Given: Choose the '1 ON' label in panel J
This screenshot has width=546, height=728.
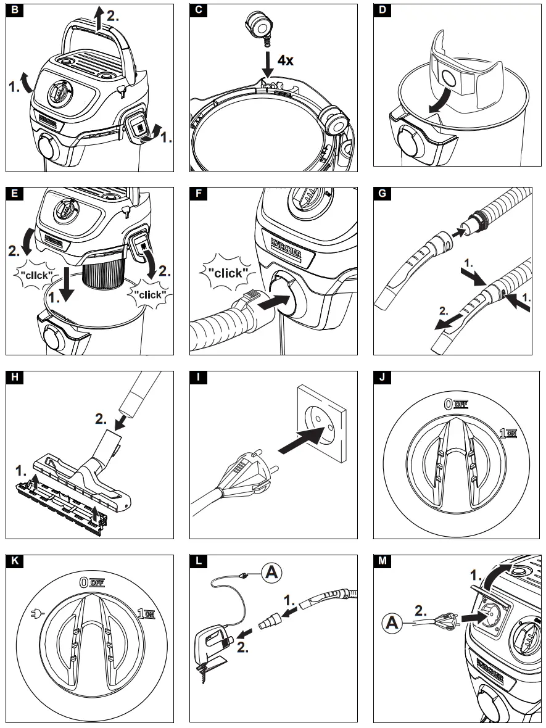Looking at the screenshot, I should (x=508, y=434).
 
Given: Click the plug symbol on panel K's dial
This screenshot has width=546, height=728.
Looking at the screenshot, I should (x=35, y=614).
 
